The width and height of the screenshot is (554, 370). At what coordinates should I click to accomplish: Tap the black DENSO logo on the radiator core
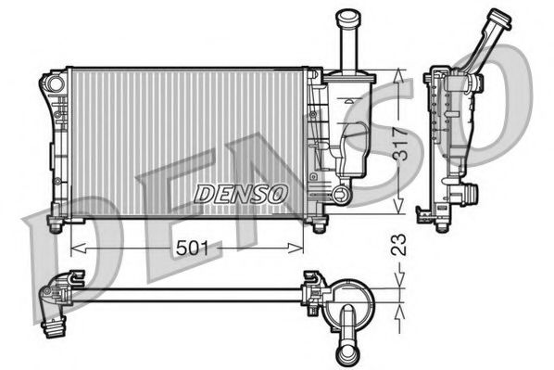240,192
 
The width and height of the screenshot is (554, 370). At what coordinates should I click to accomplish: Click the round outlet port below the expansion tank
340,196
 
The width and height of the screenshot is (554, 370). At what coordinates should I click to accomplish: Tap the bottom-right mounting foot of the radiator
320,225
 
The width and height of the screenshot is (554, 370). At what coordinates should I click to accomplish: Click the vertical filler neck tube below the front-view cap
348,46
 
